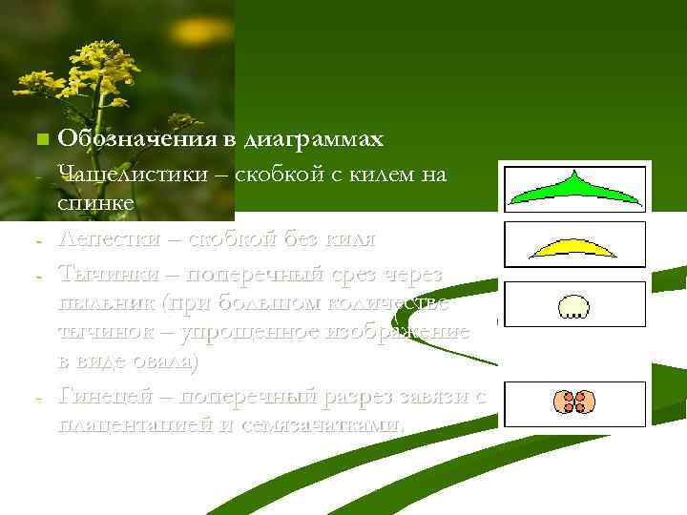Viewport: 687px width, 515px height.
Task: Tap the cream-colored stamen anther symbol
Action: [573, 306]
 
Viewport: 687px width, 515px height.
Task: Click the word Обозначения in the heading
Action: [137, 140]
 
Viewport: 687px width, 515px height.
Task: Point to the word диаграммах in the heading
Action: [314, 140]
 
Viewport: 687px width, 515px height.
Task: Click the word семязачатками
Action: [322, 425]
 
